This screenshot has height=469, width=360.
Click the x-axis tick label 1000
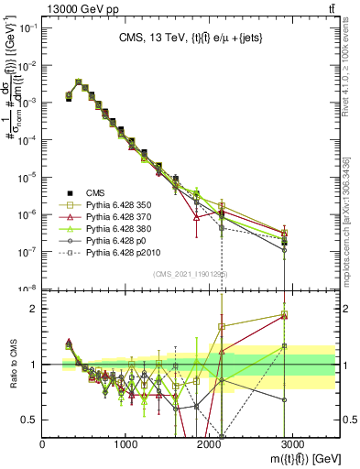click(x=126, y=443)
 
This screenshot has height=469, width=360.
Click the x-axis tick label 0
click(x=43, y=443)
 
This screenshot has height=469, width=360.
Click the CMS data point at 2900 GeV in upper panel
click(x=285, y=242)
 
